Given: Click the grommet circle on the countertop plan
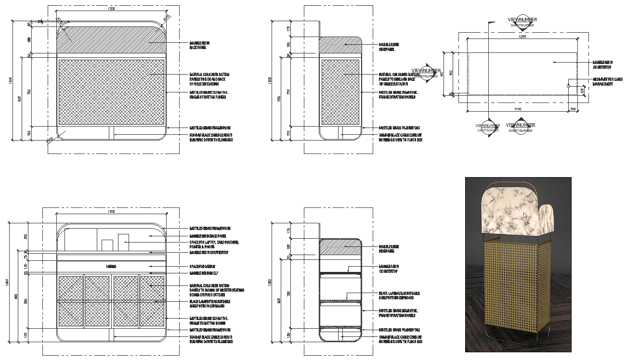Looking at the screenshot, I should point(568,87).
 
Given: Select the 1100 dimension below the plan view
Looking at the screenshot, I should point(518,109).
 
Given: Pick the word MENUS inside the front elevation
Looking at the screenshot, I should point(112,266).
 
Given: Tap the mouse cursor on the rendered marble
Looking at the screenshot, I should point(525,216).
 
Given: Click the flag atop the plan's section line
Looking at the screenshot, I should point(492,23).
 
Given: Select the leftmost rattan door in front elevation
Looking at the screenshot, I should point(71,301).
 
